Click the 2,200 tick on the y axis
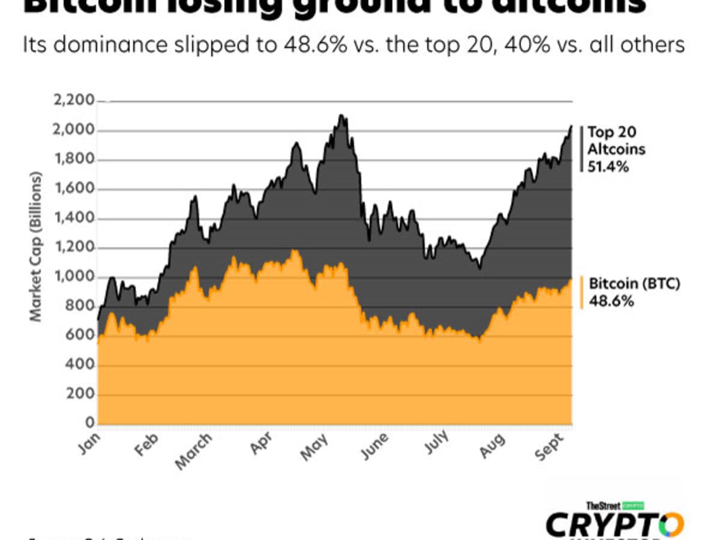[74, 101]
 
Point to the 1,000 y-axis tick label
[74, 277]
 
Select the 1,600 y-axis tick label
[74, 189]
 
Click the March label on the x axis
[194, 452]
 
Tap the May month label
[314, 448]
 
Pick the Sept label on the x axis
[550, 448]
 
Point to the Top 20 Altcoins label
[616, 140]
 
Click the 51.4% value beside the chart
[608, 167]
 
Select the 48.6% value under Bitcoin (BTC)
[611, 301]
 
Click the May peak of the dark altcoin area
[341, 116]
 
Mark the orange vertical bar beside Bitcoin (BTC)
[581, 293]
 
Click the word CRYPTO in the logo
[614, 525]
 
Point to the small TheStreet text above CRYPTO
[602, 506]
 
